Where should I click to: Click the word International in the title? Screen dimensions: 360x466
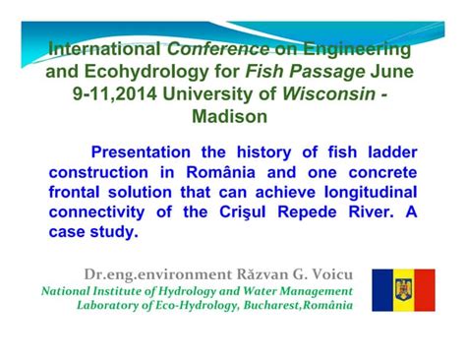coord(105,48)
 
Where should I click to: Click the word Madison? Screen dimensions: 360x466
coord(232,116)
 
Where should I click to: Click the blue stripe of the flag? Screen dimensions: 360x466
coord(382,290)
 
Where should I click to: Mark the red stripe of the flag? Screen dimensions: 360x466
coord(425,290)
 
